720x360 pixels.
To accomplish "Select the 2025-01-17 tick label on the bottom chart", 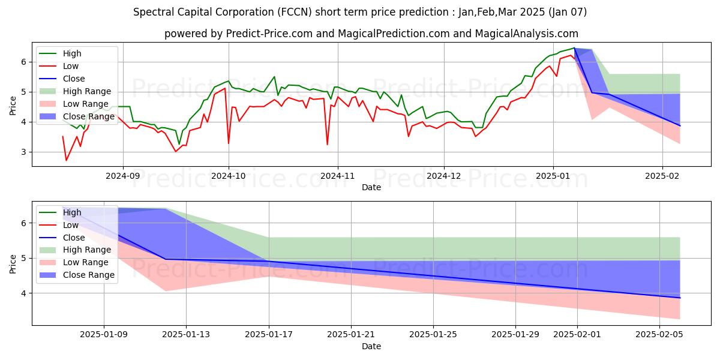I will pos(268,335).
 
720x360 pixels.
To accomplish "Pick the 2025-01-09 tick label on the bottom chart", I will pos(104,335).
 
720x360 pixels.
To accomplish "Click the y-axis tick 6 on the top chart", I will pos(24,62).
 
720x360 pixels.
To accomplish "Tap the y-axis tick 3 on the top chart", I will pos(24,152).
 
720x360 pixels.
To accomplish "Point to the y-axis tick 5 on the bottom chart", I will pos(24,258).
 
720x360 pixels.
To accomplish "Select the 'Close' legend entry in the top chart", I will pos(74,79).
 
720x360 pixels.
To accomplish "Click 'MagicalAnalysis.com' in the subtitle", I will pos(527,34).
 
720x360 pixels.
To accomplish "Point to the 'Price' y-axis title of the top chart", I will pos(13,105).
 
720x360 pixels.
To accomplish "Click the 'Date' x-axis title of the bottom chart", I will pos(371,346).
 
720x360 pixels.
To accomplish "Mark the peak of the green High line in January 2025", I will pos(574,48).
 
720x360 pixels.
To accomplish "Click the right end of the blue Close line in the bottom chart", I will pos(680,298).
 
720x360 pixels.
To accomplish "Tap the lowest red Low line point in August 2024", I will pos(66,160).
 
